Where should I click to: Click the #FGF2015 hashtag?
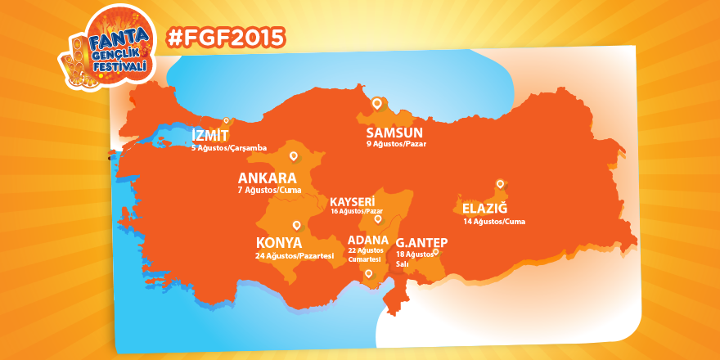[x=225, y=37]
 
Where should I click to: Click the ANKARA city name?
[x=267, y=178]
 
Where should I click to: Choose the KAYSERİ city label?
[x=352, y=200]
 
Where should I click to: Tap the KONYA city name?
[x=279, y=243]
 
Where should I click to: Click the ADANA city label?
[x=367, y=240]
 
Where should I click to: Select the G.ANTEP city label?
[x=421, y=242]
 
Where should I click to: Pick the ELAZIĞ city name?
[x=485, y=209]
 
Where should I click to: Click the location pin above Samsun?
[x=377, y=103]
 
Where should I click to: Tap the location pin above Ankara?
[x=293, y=155]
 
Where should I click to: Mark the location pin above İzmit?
[x=227, y=120]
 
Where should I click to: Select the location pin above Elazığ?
[x=498, y=184]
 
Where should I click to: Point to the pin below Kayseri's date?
[x=377, y=219]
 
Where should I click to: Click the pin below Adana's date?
[x=368, y=273]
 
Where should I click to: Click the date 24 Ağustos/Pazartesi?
[x=295, y=256]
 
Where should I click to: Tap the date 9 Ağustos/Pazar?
[x=396, y=144]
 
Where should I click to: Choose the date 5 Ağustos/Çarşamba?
[x=228, y=148]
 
